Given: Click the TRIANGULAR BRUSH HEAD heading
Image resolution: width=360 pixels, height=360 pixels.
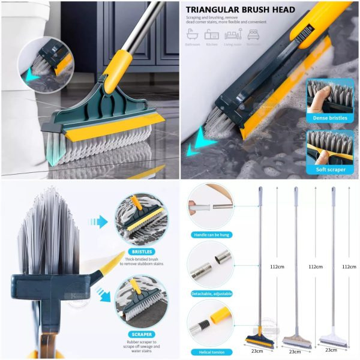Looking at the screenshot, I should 240,10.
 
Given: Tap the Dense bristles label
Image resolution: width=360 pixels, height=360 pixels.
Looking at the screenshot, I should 329,118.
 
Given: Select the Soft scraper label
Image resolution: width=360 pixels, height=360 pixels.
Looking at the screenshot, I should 329,170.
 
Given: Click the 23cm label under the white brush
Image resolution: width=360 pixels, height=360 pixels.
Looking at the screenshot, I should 330,350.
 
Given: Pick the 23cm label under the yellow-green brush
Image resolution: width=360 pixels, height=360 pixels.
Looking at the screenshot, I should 257,351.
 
